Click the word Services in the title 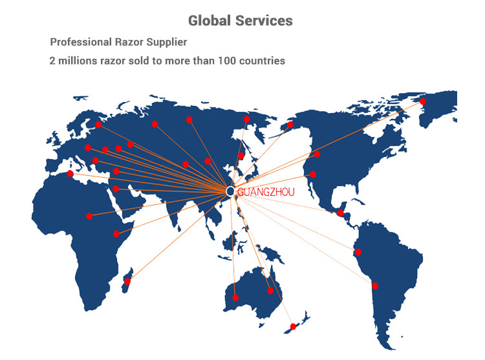point(264,21)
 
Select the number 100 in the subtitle point(227,61)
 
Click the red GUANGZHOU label point(266,192)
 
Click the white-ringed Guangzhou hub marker point(230,191)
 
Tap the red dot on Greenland point(422,101)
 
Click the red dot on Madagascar point(127,281)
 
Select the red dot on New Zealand point(293,326)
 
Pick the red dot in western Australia point(235,297)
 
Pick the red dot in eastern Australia point(270,290)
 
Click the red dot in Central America point(341,213)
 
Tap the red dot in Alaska point(290,125)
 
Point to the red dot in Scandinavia point(98,125)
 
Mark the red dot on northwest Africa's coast point(70,173)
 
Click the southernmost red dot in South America point(375,286)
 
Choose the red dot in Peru point(358,252)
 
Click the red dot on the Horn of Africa point(116,234)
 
